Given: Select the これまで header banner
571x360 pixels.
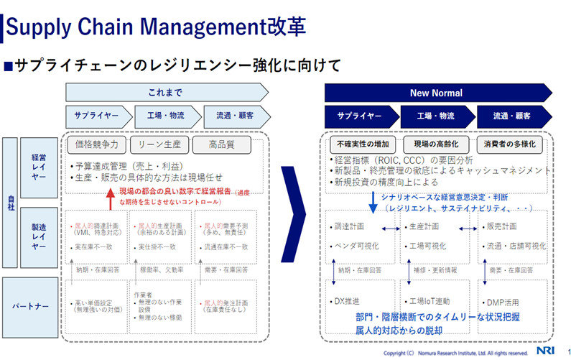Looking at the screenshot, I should [x=166, y=93].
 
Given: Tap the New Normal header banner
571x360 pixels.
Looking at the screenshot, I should [x=437, y=93].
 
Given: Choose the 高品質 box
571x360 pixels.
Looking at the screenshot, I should [x=221, y=144].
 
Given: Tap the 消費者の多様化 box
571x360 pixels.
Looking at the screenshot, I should [x=511, y=144].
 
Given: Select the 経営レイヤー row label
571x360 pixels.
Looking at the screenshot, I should [x=40, y=167].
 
